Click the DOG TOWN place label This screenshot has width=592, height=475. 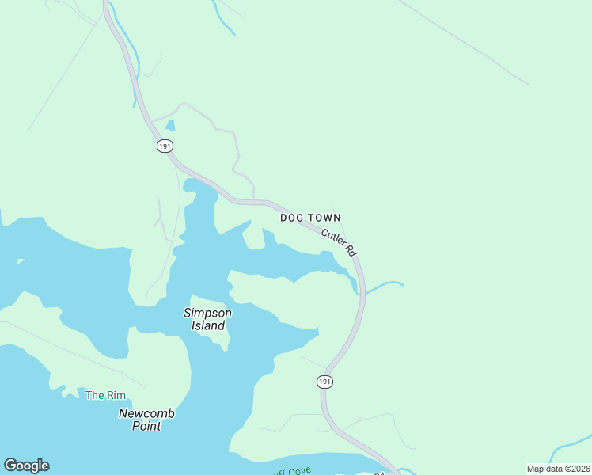tap(310, 218)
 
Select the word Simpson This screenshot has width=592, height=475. tap(207, 313)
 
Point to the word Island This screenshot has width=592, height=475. tap(207, 325)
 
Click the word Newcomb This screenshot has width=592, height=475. tap(146, 413)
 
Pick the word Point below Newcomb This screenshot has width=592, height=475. tap(146, 426)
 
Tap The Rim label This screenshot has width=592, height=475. tap(105, 395)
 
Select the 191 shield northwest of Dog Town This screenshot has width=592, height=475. tap(165, 146)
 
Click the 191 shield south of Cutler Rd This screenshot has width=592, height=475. tap(324, 382)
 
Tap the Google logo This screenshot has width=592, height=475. tap(26, 465)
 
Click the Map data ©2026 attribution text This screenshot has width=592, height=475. tap(558, 469)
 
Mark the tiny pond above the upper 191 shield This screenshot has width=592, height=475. tap(170, 125)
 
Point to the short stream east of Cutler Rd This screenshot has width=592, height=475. tap(385, 284)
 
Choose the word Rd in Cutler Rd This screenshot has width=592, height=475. tap(351, 251)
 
